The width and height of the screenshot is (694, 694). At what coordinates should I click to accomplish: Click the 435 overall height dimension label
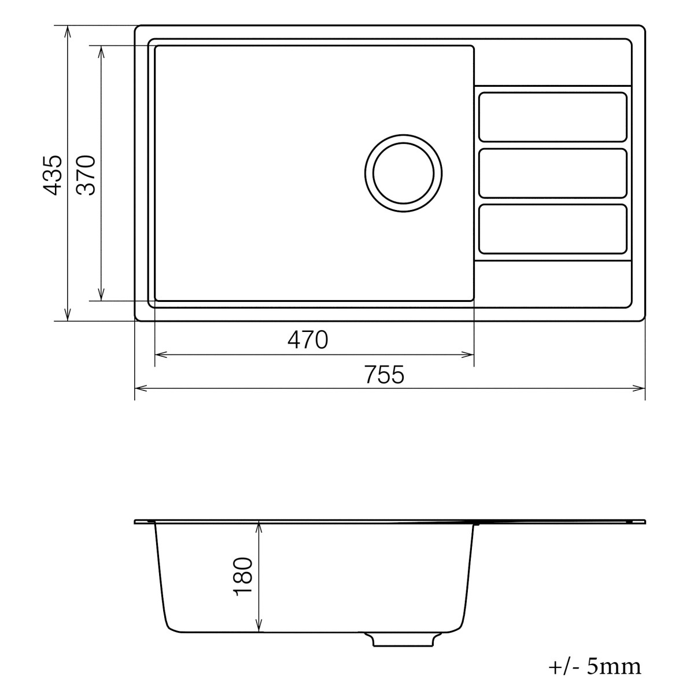[52, 174]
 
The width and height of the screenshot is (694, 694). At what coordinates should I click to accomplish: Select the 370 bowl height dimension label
[86, 174]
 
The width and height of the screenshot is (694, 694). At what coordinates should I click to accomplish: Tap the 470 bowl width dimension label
[308, 340]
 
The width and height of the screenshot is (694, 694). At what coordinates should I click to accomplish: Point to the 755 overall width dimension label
[385, 375]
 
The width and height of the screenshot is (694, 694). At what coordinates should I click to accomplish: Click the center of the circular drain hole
[403, 173]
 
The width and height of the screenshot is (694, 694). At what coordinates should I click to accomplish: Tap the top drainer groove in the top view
[553, 117]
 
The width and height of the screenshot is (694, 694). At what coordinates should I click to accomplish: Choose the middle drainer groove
[553, 173]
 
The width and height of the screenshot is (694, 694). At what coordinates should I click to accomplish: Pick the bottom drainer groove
[553, 229]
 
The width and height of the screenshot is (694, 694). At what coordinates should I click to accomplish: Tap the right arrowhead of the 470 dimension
[470, 355]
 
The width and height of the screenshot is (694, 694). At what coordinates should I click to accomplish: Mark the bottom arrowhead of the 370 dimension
[101, 296]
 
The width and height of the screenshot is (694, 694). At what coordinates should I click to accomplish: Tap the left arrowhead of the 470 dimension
[160, 355]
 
